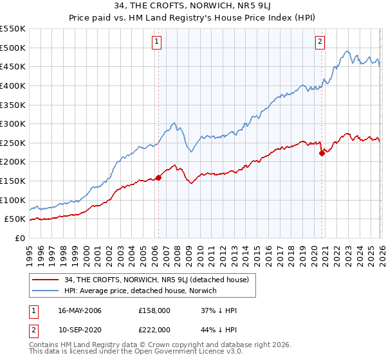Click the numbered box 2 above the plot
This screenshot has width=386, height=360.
[320, 42]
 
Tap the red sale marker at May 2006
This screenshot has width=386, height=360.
[158, 178]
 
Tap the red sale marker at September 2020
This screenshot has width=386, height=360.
[322, 153]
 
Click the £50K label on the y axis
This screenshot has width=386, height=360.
[15, 219]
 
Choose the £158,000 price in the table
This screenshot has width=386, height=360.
[154, 310]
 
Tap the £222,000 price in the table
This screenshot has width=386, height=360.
[154, 330]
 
